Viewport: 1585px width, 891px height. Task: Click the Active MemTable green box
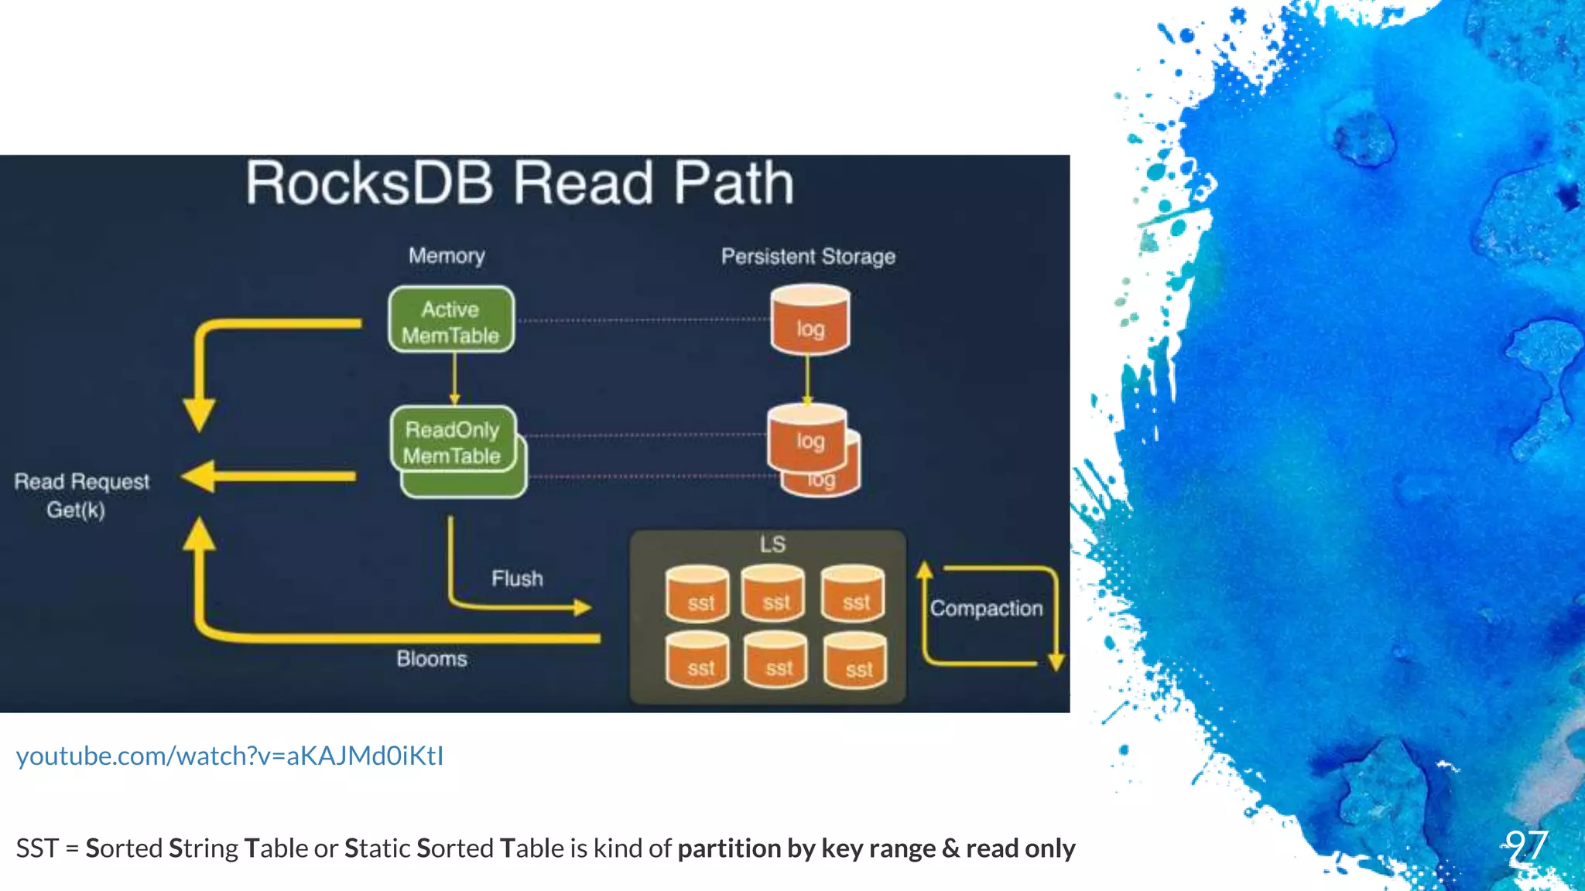(x=451, y=320)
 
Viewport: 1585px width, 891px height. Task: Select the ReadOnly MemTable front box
(x=453, y=441)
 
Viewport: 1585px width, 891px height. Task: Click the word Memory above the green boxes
(x=447, y=255)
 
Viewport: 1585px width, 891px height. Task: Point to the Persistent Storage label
(x=808, y=256)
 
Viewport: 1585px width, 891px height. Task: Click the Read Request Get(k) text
(x=80, y=495)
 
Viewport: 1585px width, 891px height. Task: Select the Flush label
(x=517, y=579)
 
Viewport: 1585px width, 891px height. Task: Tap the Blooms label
(x=432, y=659)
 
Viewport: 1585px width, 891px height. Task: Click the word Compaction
(x=986, y=609)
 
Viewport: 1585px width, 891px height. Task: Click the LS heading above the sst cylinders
(x=772, y=544)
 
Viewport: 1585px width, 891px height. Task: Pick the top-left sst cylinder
(x=697, y=595)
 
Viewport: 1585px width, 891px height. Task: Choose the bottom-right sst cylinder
(x=855, y=661)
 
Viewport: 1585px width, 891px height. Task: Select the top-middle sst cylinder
(x=773, y=594)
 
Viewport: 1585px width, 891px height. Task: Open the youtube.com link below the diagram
(x=230, y=756)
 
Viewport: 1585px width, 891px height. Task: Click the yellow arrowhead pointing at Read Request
(x=198, y=476)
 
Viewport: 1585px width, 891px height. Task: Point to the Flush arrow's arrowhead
(x=583, y=607)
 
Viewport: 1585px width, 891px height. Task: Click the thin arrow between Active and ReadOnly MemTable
(x=454, y=379)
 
